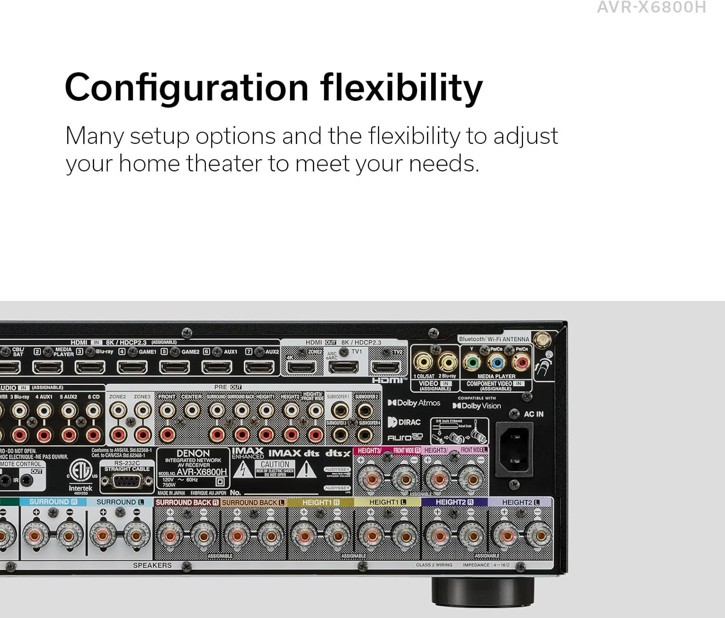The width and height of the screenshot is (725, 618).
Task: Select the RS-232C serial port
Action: pyautogui.click(x=127, y=481)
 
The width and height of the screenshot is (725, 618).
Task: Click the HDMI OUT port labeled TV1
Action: pyautogui.click(x=343, y=367)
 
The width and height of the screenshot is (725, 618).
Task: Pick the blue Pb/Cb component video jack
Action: pyautogui.click(x=497, y=362)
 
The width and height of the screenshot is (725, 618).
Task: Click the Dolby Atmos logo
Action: pyautogui.click(x=414, y=403)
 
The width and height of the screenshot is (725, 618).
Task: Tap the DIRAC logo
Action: pyautogui.click(x=404, y=422)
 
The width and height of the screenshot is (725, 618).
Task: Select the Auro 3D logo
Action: pyautogui.click(x=405, y=437)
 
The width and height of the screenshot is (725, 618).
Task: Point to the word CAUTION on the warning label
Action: pyautogui.click(x=275, y=464)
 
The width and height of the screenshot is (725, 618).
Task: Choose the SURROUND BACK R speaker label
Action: pyautogui.click(x=187, y=502)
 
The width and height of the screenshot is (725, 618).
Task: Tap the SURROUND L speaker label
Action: pyautogui.click(x=120, y=502)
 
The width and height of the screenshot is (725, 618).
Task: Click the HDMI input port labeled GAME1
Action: pyautogui.click(x=132, y=367)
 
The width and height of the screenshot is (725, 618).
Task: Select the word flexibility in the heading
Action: pyautogui.click(x=401, y=88)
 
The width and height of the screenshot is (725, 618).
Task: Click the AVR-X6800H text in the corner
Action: pyautogui.click(x=651, y=7)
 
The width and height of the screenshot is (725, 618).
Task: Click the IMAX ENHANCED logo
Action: pyautogui.click(x=247, y=453)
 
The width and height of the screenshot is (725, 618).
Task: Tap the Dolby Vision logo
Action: pyautogui.click(x=477, y=406)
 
